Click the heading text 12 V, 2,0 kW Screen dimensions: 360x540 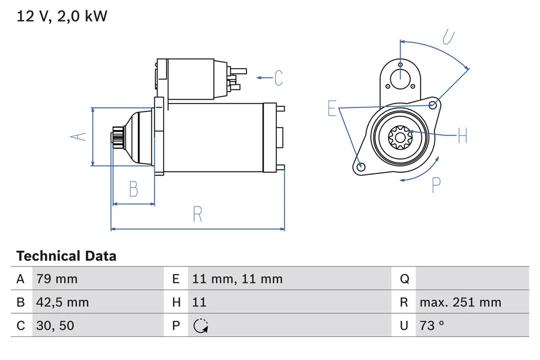[x=62, y=16]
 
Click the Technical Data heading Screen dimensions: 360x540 [x=66, y=256]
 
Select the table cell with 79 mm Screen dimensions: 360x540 [x=57, y=279]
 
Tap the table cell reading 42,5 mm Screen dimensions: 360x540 [x=62, y=303]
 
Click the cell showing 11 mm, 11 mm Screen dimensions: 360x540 [x=237, y=279]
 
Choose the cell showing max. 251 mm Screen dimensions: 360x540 [x=460, y=303]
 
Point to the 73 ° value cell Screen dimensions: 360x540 [x=431, y=326]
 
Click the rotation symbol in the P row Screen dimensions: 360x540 [x=200, y=326]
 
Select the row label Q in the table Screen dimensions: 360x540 [x=404, y=279]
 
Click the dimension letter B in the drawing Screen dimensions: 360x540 [x=133, y=189]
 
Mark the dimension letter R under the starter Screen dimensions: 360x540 [x=197, y=214]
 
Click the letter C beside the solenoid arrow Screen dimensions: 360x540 [x=278, y=78]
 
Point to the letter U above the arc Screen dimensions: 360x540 [x=448, y=37]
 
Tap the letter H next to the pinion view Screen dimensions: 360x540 [x=462, y=136]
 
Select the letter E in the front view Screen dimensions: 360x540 [x=332, y=109]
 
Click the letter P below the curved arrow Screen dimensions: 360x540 [x=436, y=185]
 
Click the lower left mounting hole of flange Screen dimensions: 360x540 [x=361, y=166]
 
